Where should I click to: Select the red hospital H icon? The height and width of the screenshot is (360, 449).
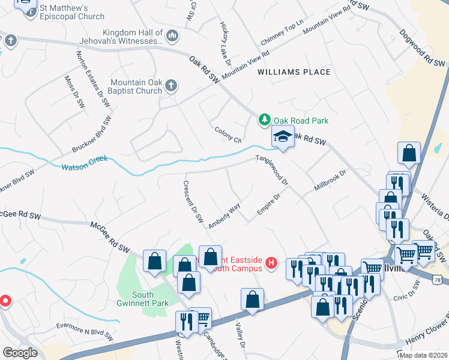pyautogui.click(x=271, y=263)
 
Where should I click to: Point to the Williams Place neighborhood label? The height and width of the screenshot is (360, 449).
pyautogui.click(x=294, y=72)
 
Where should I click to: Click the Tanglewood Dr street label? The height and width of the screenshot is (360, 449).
pyautogui.click(x=273, y=170)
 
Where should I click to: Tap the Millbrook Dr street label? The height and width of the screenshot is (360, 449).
pyautogui.click(x=330, y=181)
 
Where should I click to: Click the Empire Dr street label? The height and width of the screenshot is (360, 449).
pyautogui.click(x=269, y=205)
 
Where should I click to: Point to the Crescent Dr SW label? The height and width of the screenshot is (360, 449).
pyautogui.click(x=193, y=202)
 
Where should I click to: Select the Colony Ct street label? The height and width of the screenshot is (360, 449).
pyautogui.click(x=228, y=135)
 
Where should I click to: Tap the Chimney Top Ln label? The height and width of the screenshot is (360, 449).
pyautogui.click(x=279, y=36)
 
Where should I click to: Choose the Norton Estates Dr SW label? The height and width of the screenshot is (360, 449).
pyautogui.click(x=88, y=73)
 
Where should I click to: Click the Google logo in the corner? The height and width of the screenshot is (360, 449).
pyautogui.click(x=20, y=352)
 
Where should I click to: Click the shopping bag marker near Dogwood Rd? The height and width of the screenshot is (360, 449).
pyautogui.click(x=409, y=154)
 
